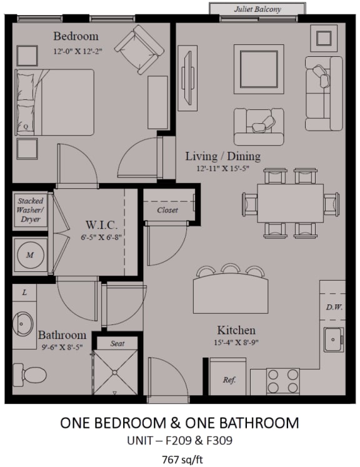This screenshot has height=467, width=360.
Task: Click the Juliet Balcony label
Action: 257,9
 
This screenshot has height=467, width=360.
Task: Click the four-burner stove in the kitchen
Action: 283,381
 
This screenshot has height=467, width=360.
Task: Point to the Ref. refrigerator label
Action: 229,379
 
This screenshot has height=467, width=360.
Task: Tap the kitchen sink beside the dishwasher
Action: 334,339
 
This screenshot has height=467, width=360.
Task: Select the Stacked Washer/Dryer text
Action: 31,210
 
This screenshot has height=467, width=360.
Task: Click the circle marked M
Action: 30,255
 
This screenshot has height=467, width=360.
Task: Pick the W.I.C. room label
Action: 101,225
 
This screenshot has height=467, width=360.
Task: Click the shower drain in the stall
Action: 115,373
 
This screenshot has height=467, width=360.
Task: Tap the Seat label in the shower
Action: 117,344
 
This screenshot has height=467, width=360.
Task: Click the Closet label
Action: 167,210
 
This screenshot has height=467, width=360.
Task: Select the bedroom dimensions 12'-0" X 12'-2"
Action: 77,51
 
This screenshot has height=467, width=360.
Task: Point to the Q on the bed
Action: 26,126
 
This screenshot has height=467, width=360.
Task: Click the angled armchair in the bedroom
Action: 139,49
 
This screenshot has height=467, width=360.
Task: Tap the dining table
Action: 291,203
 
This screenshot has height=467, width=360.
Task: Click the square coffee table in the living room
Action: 259,69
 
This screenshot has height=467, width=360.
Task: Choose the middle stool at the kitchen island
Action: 230,268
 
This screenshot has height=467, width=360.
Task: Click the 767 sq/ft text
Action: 182,459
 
